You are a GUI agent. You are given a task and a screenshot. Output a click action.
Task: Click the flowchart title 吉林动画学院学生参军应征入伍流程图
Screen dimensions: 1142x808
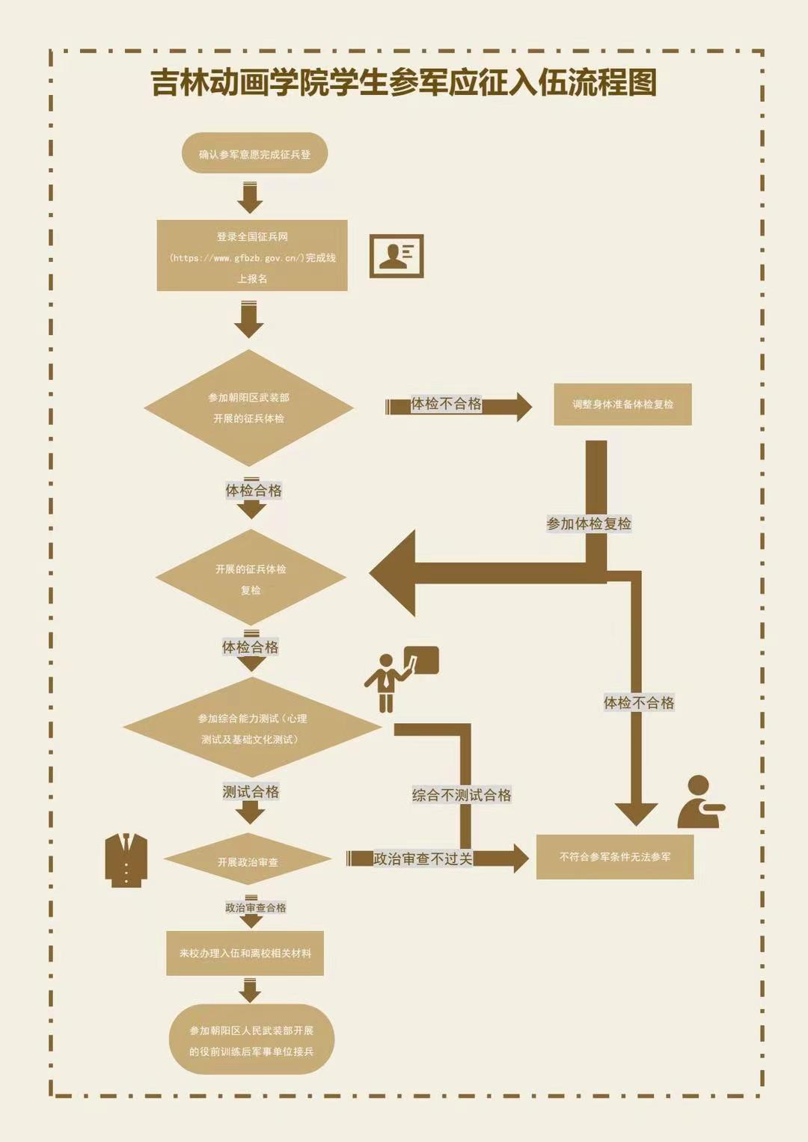(x=404, y=82)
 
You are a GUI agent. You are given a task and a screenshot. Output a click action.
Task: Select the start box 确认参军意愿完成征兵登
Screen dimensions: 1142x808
(x=254, y=154)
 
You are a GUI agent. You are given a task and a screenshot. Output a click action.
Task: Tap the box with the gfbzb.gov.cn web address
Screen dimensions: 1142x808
(x=252, y=256)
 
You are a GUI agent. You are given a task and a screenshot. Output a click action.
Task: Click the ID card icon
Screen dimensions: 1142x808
(x=397, y=255)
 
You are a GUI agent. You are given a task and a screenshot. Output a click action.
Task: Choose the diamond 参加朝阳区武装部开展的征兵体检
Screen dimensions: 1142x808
(x=248, y=408)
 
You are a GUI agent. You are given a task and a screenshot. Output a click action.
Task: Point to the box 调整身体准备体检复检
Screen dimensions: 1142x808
(x=622, y=405)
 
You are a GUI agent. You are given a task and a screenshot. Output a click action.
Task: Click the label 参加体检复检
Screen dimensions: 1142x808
(x=589, y=524)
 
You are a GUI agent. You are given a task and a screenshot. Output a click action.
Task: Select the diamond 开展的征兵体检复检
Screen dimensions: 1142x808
(x=251, y=578)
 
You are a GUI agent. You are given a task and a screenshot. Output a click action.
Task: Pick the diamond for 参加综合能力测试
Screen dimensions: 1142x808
(x=252, y=728)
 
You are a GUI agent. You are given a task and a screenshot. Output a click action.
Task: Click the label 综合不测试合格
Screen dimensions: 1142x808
(x=462, y=795)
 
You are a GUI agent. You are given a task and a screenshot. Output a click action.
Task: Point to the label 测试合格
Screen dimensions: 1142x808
(x=251, y=792)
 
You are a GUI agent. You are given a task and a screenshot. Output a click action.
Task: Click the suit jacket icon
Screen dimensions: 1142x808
(x=126, y=860)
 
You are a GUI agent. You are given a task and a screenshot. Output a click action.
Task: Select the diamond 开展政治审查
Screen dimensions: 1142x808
(x=248, y=862)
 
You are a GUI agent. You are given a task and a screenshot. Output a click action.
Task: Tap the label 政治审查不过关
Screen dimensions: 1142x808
(x=423, y=859)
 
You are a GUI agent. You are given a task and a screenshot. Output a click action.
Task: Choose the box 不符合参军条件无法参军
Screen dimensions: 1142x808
(x=615, y=857)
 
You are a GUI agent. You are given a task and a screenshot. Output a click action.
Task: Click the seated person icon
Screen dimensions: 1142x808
(x=700, y=802)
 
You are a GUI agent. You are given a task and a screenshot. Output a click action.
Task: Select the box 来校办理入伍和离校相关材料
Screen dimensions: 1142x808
(x=245, y=954)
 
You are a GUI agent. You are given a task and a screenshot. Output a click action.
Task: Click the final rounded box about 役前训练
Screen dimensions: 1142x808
(x=251, y=1040)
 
